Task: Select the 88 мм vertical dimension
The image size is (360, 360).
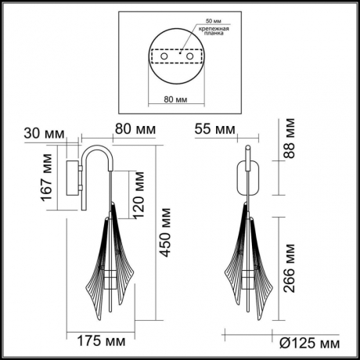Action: [290, 139]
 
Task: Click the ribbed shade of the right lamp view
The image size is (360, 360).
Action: [250, 258]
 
